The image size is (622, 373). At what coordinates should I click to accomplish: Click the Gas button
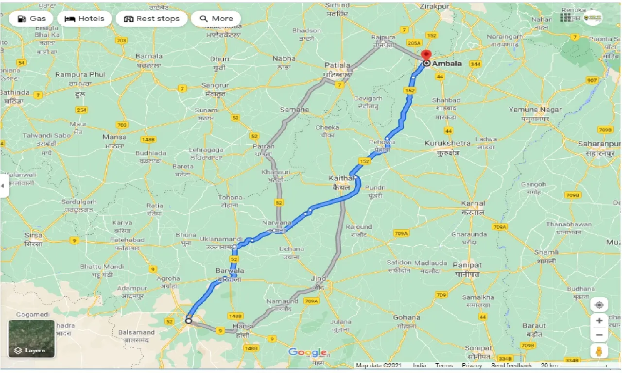click(31, 19)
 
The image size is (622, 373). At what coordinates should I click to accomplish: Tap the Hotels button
click(85, 19)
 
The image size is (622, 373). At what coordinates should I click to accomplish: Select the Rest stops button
click(152, 19)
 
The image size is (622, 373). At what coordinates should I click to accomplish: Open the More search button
click(216, 19)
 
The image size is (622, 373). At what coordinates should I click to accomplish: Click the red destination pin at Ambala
click(426, 55)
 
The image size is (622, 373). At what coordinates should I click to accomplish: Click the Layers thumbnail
click(32, 339)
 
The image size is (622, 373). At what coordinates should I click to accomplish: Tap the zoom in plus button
click(599, 321)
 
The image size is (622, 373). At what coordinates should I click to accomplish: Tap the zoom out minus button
click(599, 335)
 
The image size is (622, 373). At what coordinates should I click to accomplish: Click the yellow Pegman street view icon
click(599, 351)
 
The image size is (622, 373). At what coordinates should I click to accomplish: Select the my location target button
click(599, 305)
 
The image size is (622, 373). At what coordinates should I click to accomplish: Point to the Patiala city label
click(337, 65)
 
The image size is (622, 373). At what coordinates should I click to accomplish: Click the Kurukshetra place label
click(447, 143)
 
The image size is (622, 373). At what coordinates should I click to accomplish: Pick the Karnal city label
click(473, 203)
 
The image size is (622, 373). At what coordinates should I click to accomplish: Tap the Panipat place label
click(466, 265)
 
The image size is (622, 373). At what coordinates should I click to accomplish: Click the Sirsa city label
click(34, 235)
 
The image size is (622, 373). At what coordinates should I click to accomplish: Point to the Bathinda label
click(15, 92)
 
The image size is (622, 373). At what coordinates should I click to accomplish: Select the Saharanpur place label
click(599, 144)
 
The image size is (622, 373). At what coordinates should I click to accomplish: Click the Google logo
click(307, 352)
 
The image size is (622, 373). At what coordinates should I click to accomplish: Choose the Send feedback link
click(511, 365)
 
